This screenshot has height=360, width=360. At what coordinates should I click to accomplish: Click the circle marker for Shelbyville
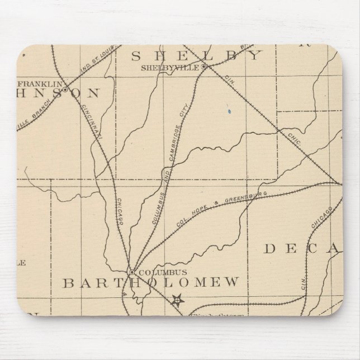[204, 67]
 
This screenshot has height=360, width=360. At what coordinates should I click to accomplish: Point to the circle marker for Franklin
[64, 89]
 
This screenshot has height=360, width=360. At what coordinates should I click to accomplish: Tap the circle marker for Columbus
[131, 272]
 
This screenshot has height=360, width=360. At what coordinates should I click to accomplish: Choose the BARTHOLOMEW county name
[150, 282]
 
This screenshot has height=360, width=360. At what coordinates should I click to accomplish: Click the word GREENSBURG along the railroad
[245, 199]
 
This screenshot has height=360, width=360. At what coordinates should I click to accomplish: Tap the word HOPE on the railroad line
[211, 207]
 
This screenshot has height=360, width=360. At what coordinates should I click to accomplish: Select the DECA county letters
[302, 249]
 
